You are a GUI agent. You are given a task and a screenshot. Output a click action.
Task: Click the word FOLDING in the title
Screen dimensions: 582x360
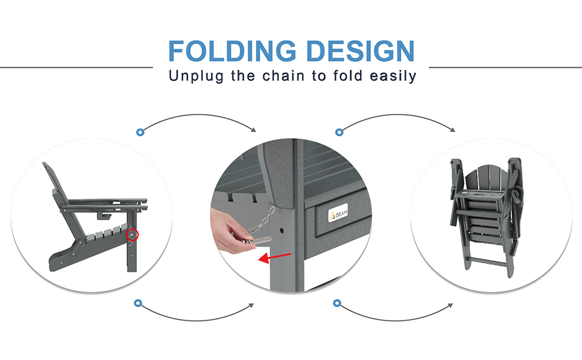click(x=232, y=50)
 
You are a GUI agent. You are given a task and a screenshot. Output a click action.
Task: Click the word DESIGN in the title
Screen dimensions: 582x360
click(x=361, y=50)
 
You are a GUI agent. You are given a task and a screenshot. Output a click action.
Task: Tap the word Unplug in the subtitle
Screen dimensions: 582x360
click(x=196, y=76)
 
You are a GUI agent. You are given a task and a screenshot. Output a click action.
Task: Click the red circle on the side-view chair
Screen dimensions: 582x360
click(x=132, y=235)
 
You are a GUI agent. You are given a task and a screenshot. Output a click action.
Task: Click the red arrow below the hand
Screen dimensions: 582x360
click(x=274, y=257)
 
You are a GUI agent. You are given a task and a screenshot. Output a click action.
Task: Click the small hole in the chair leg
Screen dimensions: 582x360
click(x=282, y=231)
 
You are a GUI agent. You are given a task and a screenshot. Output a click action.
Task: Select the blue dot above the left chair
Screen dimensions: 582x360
click(x=140, y=132)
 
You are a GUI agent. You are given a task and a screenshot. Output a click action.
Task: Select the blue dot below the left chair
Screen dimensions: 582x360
click(x=138, y=303)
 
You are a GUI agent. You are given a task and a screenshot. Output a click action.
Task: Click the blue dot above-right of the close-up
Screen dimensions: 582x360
click(x=339, y=132)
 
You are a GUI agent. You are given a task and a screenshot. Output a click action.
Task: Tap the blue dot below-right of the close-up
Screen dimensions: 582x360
click(x=337, y=303)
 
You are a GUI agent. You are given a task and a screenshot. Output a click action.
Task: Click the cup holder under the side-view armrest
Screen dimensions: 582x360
click(x=104, y=215)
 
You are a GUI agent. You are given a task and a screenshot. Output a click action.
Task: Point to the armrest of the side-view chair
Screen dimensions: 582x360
click(x=104, y=203)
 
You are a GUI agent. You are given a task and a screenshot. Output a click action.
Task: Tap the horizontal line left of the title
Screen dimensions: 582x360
click(x=76, y=67)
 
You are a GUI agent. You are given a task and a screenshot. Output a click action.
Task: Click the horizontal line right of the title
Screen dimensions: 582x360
click(x=505, y=67)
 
